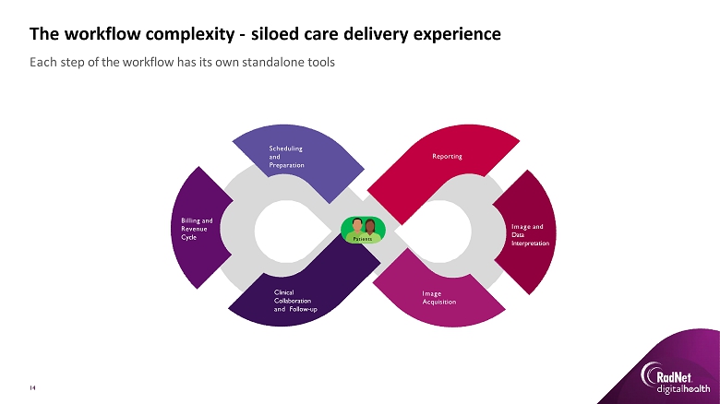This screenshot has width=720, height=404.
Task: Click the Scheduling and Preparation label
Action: click(286, 156)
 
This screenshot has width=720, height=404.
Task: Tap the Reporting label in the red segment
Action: click(447, 157)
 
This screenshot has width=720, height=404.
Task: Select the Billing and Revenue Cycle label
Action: click(197, 229)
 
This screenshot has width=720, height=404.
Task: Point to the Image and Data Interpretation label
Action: click(530, 234)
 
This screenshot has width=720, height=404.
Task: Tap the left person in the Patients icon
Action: click(356, 226)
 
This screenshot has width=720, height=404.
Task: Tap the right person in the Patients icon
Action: click(370, 226)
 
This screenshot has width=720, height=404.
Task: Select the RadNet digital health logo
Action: click(670, 378)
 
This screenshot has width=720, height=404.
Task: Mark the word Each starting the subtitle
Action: click(42, 63)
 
